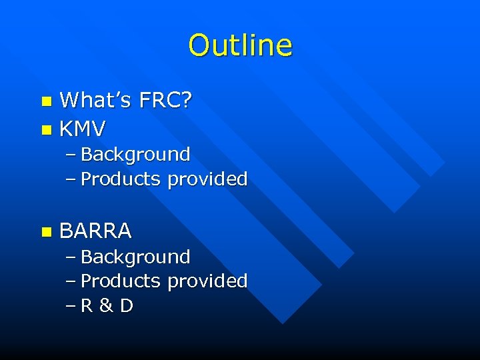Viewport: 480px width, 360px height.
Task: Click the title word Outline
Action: pos(240,46)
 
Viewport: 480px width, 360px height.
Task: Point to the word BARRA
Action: pos(96,231)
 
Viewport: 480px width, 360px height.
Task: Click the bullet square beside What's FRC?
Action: pos(45,102)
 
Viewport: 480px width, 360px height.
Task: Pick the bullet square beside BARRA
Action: pos(45,232)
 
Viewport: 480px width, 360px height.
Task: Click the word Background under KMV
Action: pos(135,155)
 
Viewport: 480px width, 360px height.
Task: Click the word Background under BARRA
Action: pos(135,257)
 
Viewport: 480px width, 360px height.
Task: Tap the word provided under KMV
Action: pos(207,179)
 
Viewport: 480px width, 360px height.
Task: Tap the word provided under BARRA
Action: pos(207,281)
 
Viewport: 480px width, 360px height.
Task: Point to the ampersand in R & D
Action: pos(106,306)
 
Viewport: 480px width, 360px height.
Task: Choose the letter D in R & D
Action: pos(126,306)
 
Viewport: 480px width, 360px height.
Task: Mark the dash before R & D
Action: pos(71,307)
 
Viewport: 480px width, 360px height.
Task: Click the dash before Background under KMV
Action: pos(71,155)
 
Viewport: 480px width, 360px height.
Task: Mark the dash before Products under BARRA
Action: pos(71,282)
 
